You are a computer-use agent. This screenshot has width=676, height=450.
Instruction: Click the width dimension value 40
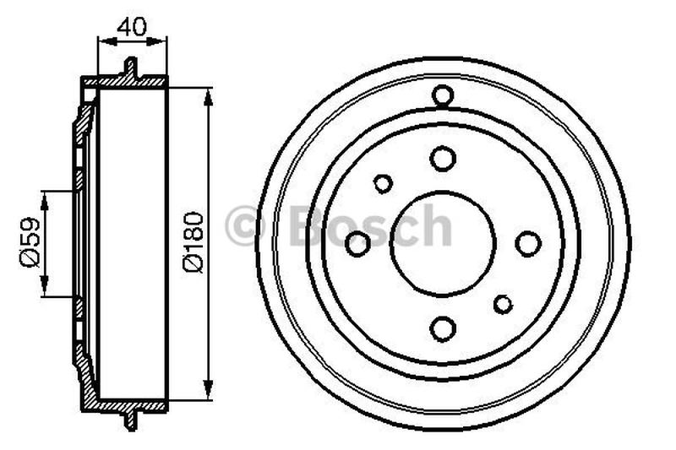pyautogui.click(x=131, y=26)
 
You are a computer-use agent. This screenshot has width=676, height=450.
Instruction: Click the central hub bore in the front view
pyautogui.click(x=443, y=244)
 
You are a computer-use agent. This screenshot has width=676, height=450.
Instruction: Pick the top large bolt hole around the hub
pyautogui.click(x=443, y=158)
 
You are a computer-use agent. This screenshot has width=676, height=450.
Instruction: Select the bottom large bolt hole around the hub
pyautogui.click(x=443, y=329)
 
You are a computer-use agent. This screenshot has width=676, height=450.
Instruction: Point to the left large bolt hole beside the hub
pyautogui.click(x=357, y=244)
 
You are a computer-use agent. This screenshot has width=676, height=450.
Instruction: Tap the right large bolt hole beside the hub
pyautogui.click(x=528, y=244)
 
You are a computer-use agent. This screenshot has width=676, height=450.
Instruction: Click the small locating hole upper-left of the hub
pyautogui.click(x=383, y=183)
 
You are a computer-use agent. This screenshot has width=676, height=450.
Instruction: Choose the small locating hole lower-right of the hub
pyautogui.click(x=504, y=304)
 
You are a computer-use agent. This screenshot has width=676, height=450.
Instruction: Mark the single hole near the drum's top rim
pyautogui.click(x=443, y=95)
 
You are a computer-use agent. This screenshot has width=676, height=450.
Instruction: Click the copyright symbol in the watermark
pyautogui.click(x=246, y=226)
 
